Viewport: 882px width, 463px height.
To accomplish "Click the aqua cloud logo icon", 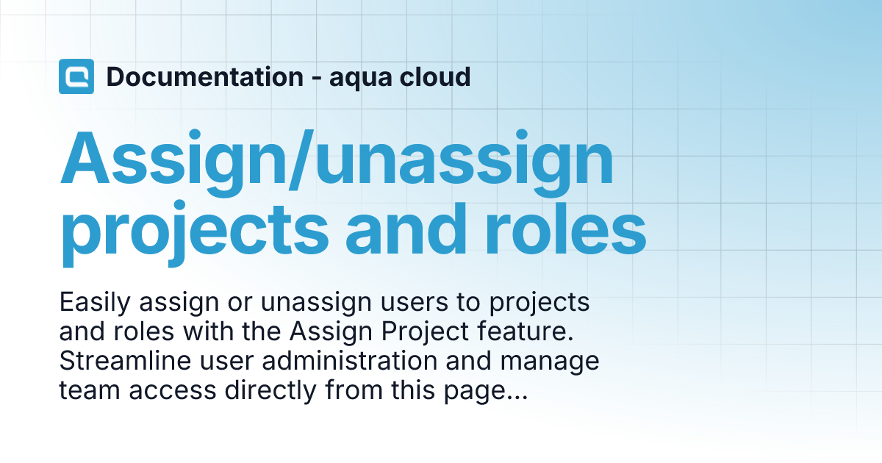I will (x=76, y=76).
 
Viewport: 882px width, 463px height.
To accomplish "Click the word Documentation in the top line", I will (x=204, y=76).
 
